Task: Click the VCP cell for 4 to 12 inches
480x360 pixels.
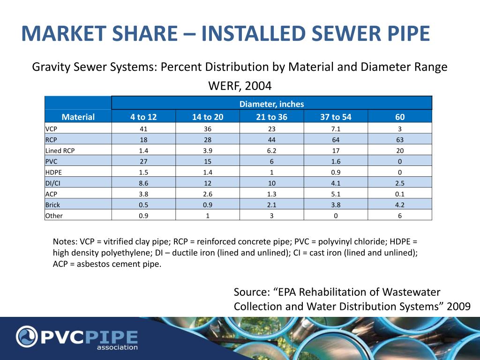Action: click(143, 129)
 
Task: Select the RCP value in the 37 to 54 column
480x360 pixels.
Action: click(336, 140)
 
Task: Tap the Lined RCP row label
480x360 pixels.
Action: click(60, 150)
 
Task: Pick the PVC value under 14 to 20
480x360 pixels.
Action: click(208, 161)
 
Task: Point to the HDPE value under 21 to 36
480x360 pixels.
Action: click(272, 172)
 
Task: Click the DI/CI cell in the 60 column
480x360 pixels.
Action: click(399, 183)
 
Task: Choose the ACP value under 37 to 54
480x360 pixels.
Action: click(336, 194)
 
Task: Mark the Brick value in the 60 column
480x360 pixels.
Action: click(399, 205)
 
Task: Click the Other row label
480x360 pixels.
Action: click(54, 216)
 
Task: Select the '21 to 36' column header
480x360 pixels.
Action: click(272, 117)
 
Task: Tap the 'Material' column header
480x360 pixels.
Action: click(78, 117)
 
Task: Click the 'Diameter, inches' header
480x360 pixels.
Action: click(272, 104)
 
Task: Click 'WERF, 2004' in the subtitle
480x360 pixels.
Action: click(240, 87)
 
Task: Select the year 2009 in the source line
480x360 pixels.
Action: click(458, 307)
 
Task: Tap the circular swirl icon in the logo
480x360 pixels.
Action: click(27, 337)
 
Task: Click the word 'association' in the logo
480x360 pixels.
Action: click(117, 347)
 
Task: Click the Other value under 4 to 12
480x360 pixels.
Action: click(143, 216)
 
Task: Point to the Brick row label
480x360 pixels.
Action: click(52, 205)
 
